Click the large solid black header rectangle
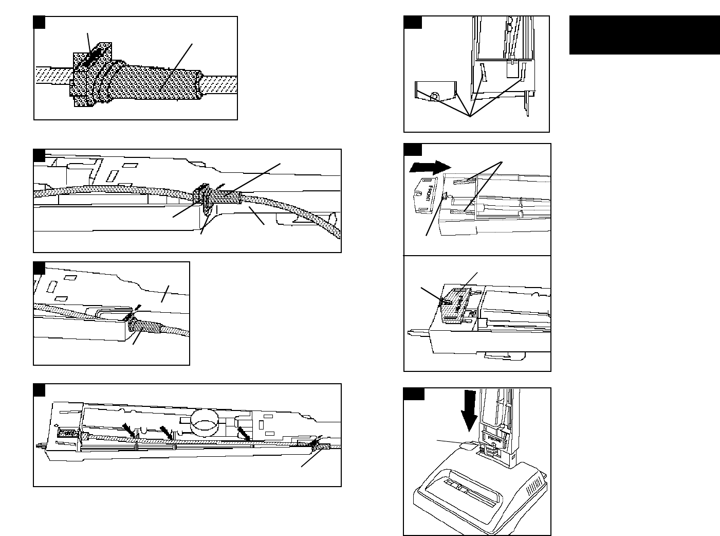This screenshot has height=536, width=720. point(644,35)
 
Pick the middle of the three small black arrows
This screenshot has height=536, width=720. point(167,432)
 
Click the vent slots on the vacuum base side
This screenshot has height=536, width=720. point(536,484)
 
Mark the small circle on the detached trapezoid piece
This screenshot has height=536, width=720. point(435,96)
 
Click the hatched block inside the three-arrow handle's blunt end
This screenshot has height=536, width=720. point(65,434)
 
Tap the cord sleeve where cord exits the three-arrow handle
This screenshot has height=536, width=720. point(320,448)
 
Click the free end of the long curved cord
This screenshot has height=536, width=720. point(336,234)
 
